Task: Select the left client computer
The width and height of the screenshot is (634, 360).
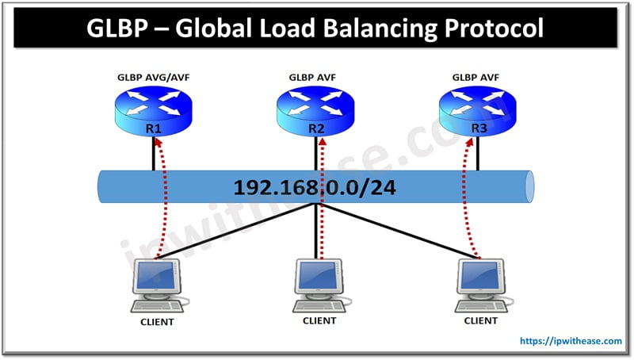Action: pos(158,285)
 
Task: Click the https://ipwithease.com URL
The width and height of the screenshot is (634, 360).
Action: pos(570,341)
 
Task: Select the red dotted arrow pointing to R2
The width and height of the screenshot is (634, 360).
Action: pos(323,198)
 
